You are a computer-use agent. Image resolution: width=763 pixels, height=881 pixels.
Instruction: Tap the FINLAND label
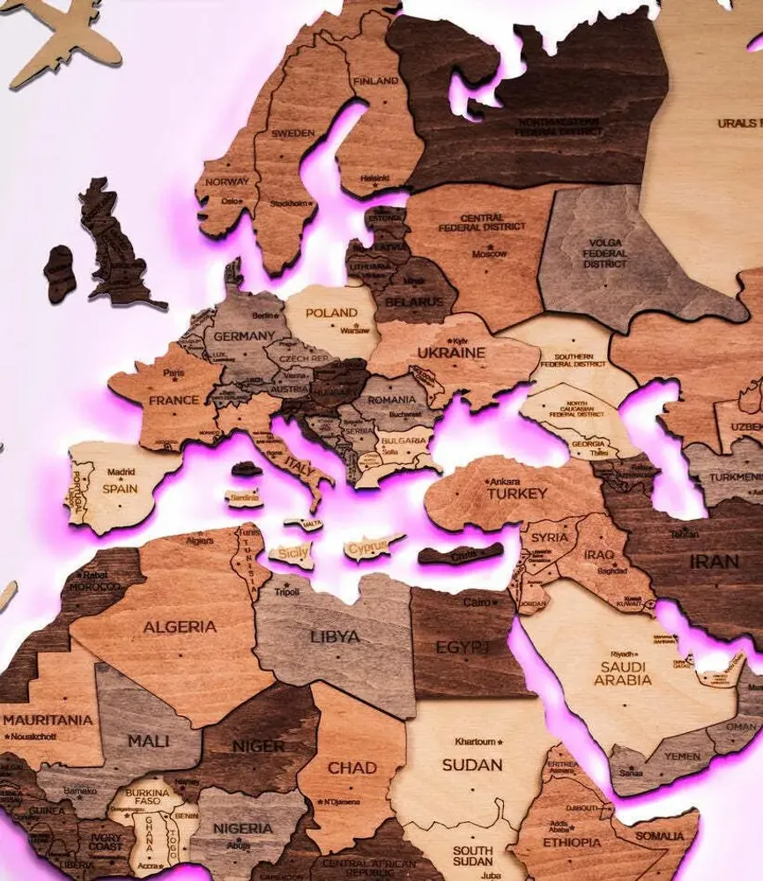pos(375,81)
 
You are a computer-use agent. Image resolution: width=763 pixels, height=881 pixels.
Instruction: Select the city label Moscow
pos(489,254)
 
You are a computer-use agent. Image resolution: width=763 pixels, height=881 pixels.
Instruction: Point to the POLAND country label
pos(331,313)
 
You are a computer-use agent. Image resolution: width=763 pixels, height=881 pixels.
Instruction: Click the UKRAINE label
pos(451,352)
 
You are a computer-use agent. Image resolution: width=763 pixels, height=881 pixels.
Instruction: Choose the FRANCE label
pos(174,399)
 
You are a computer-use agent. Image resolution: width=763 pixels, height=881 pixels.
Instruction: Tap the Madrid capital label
pos(122,471)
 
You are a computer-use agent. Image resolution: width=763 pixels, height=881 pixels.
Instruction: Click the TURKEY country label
pos(517,493)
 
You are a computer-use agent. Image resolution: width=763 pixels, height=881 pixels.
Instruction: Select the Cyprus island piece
pos(367,549)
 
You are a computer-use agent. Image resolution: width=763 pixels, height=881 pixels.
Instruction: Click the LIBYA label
pos(335,636)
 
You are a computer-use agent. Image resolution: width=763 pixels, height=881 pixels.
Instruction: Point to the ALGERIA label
pos(179,626)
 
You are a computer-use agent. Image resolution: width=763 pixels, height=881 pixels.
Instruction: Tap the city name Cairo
pos(477,603)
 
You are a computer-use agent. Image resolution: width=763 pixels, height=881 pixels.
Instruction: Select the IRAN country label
pos(714,561)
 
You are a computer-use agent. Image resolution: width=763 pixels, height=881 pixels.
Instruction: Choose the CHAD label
pos(352,768)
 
